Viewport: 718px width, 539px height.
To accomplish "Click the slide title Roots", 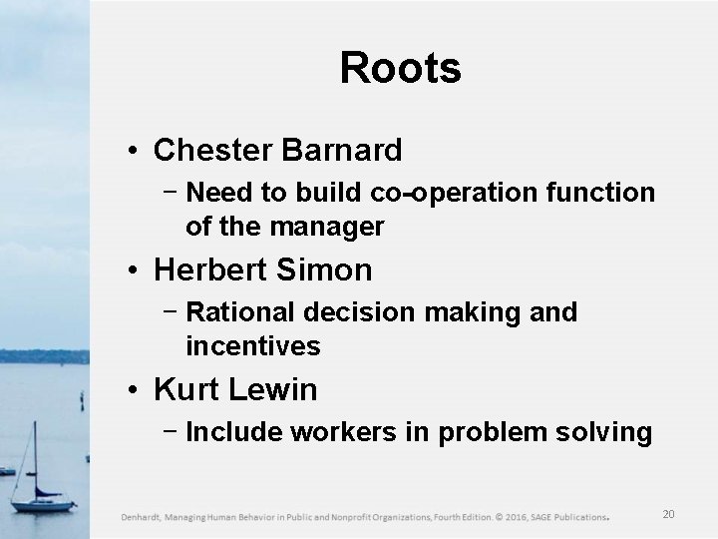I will (400, 69).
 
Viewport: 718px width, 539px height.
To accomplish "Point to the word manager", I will (334, 227).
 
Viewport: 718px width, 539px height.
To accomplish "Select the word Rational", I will (238, 312).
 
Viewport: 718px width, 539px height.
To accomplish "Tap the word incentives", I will (252, 346).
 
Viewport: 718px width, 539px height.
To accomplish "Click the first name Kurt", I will (184, 389).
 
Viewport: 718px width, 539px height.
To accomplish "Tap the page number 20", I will (668, 515).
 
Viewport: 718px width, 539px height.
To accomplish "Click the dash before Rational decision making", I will (173, 311).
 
